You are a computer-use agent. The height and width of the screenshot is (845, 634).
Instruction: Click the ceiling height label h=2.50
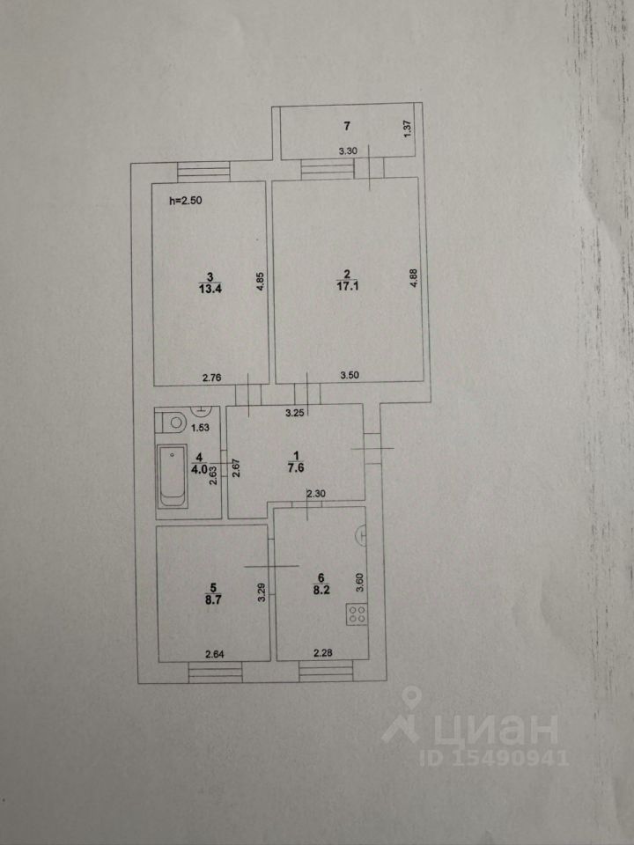(186, 201)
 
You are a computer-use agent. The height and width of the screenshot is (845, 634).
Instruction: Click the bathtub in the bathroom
(173, 476)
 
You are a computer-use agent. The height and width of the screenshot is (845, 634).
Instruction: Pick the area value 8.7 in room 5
(209, 596)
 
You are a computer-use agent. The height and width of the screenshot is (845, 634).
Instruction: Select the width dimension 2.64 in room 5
(217, 653)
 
